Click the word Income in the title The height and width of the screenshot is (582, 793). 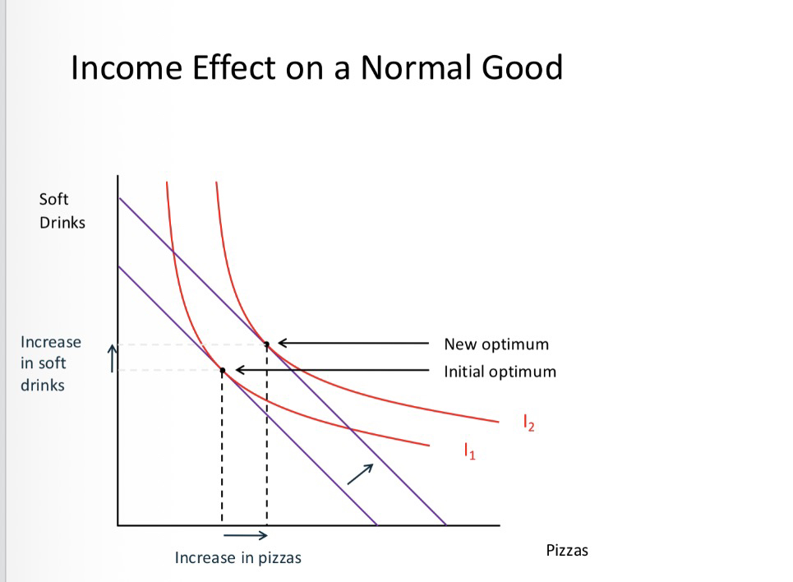[123, 67]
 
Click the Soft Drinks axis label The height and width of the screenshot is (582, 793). [62, 210]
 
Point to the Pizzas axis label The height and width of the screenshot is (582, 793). [567, 551]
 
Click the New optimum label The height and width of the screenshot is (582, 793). [496, 344]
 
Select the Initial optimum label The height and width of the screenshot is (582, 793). [500, 372]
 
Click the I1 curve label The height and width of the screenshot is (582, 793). [469, 450]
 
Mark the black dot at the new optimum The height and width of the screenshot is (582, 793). [266, 343]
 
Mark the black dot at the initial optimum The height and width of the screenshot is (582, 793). [222, 371]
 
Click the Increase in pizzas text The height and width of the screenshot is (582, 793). [238, 558]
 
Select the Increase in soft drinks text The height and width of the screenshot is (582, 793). [51, 363]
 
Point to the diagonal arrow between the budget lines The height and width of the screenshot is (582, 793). [360, 473]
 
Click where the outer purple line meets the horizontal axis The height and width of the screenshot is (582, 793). [445, 524]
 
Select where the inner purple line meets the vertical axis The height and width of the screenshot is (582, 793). [118, 266]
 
